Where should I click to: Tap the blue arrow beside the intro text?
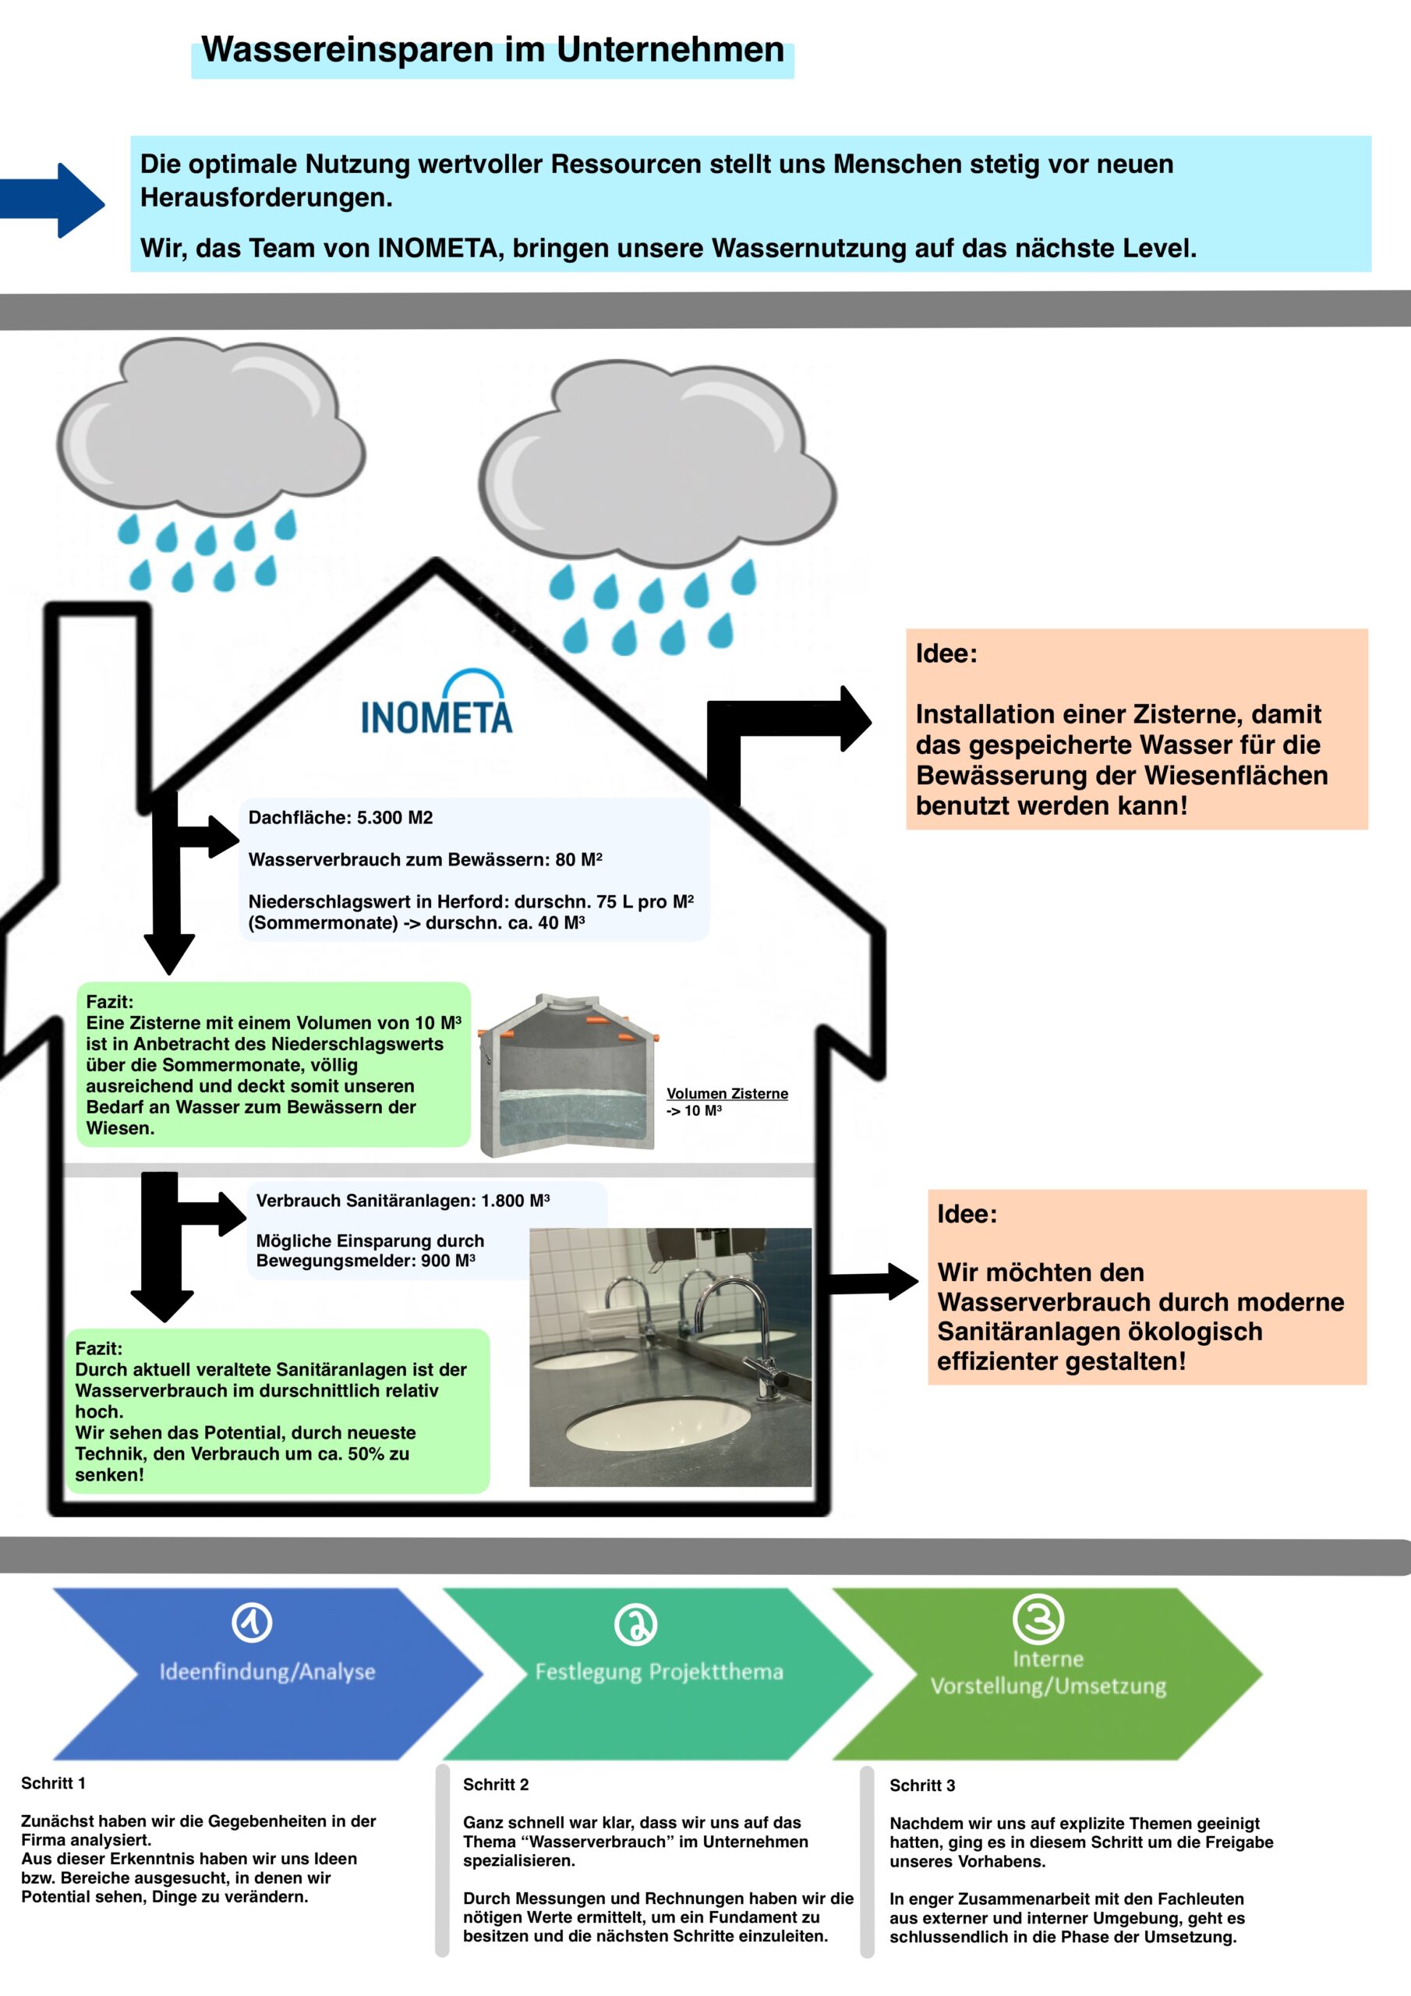54,202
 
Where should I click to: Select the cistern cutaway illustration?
568,1076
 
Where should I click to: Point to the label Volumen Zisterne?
727,1094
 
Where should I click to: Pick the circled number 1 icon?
252,1623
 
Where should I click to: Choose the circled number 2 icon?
635,1624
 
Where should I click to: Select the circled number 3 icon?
1038,1619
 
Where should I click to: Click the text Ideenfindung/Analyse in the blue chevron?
267,1671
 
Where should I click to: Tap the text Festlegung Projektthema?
659,1671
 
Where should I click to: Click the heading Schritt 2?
496,1785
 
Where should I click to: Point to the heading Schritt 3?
921,1785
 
